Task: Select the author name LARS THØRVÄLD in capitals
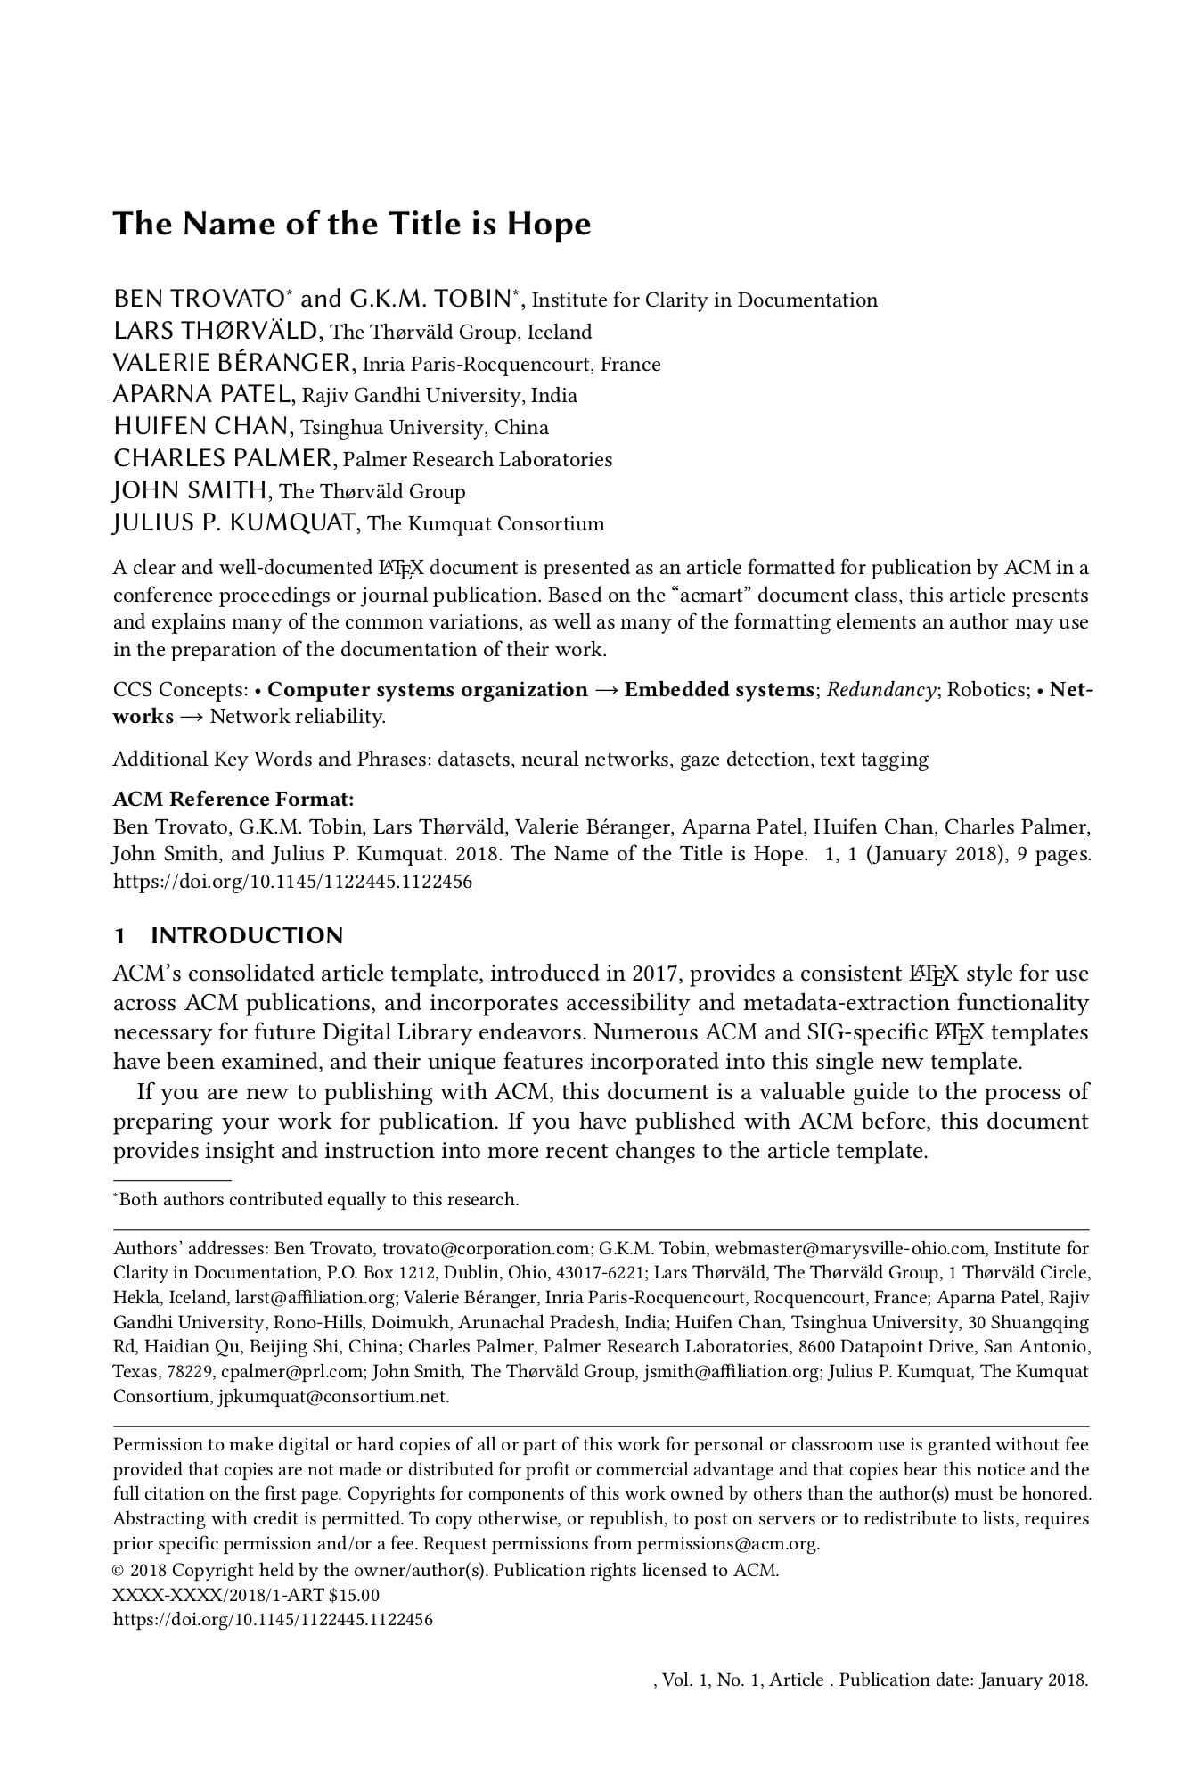215,332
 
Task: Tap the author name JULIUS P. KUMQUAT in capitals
235,523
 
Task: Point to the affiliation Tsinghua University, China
424,428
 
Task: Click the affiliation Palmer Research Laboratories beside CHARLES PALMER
478,460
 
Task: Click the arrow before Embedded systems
606,690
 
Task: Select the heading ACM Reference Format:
233,799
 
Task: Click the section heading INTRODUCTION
247,936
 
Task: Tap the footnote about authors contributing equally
318,1200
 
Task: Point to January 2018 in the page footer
1033,1680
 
